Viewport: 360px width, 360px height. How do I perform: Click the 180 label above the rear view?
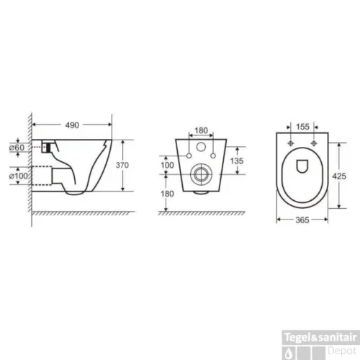point(202,130)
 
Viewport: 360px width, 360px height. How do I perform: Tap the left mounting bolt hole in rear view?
point(189,155)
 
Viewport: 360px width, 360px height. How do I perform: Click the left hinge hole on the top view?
point(294,142)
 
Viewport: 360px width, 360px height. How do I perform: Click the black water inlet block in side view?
point(48,147)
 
